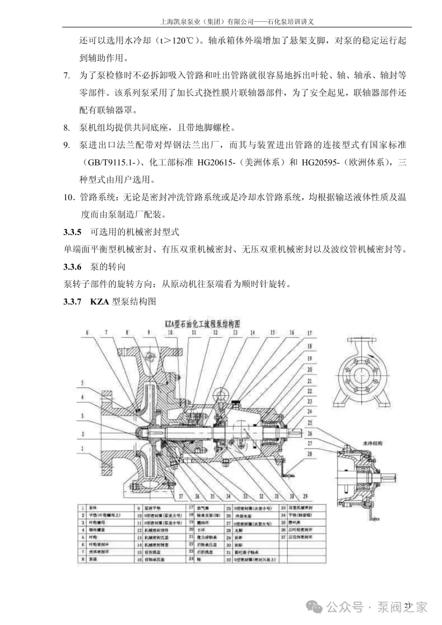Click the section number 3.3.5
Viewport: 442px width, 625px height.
tap(72, 232)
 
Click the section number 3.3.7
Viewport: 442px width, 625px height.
tap(72, 302)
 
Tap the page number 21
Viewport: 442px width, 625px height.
tap(408, 606)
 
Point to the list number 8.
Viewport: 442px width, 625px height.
tap(66, 128)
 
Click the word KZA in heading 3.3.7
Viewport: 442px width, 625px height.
tap(99, 302)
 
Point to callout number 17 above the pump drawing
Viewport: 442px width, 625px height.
tap(309, 333)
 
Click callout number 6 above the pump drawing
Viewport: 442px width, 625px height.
tap(87, 333)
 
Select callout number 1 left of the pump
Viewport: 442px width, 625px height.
tap(82, 448)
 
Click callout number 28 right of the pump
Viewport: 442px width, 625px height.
tap(310, 453)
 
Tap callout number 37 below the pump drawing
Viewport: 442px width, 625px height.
tap(181, 496)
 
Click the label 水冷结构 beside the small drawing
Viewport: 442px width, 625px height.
tap(372, 443)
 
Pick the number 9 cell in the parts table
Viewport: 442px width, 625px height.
tap(139, 508)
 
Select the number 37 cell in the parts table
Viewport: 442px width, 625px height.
tap(283, 537)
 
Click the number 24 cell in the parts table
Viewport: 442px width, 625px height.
tap(191, 559)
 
